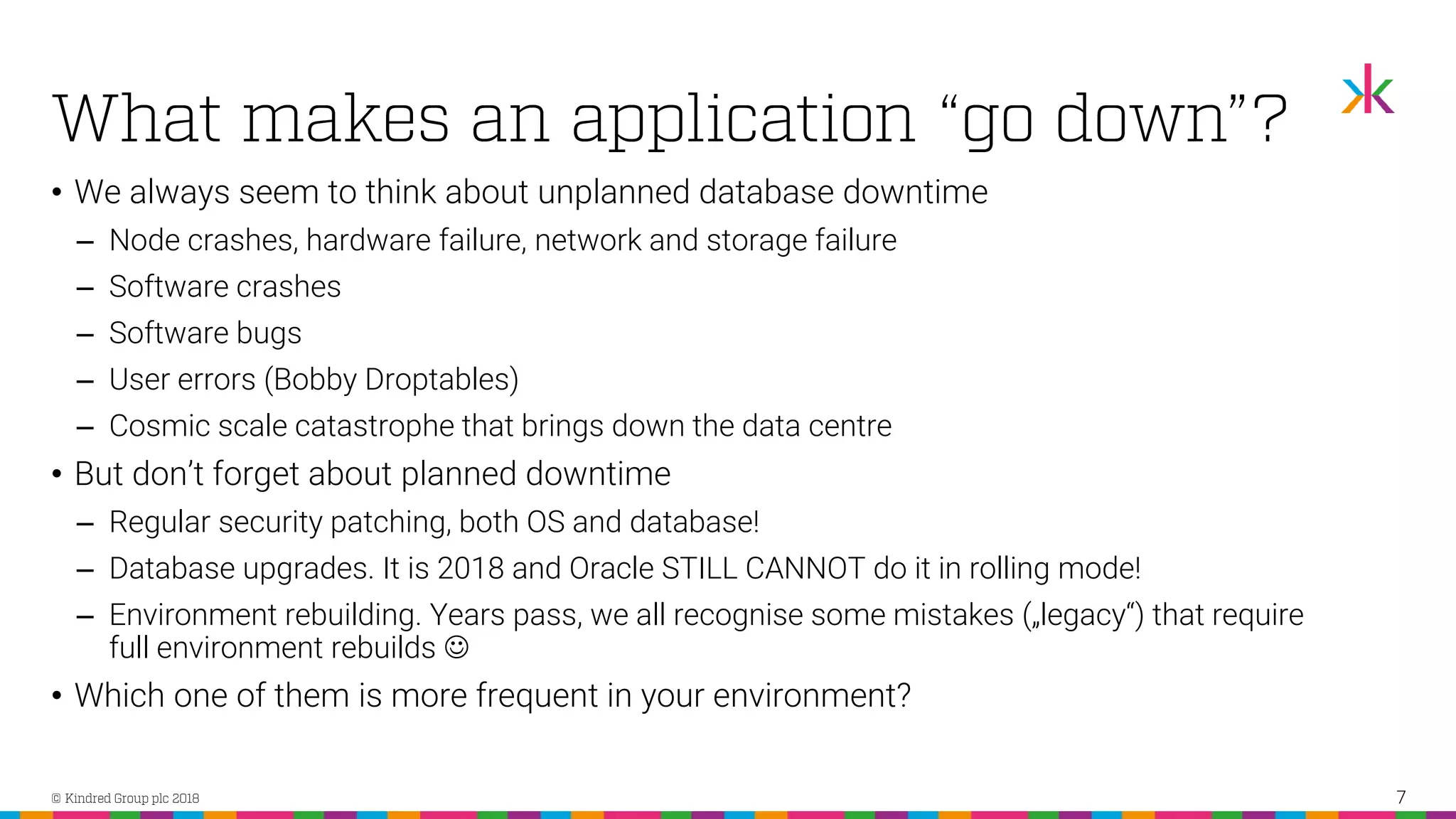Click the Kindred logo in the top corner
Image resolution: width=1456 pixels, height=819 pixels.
(x=1368, y=89)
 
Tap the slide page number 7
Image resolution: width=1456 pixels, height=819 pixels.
(x=1401, y=797)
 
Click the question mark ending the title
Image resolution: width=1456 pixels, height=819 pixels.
(x=1269, y=118)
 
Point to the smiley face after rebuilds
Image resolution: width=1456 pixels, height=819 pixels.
(x=456, y=648)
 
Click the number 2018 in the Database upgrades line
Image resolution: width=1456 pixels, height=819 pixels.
(x=470, y=569)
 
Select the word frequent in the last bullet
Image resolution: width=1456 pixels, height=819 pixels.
(x=537, y=696)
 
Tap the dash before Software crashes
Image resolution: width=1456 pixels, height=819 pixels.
(x=85, y=289)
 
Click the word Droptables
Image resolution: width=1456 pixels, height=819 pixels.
(x=441, y=380)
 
